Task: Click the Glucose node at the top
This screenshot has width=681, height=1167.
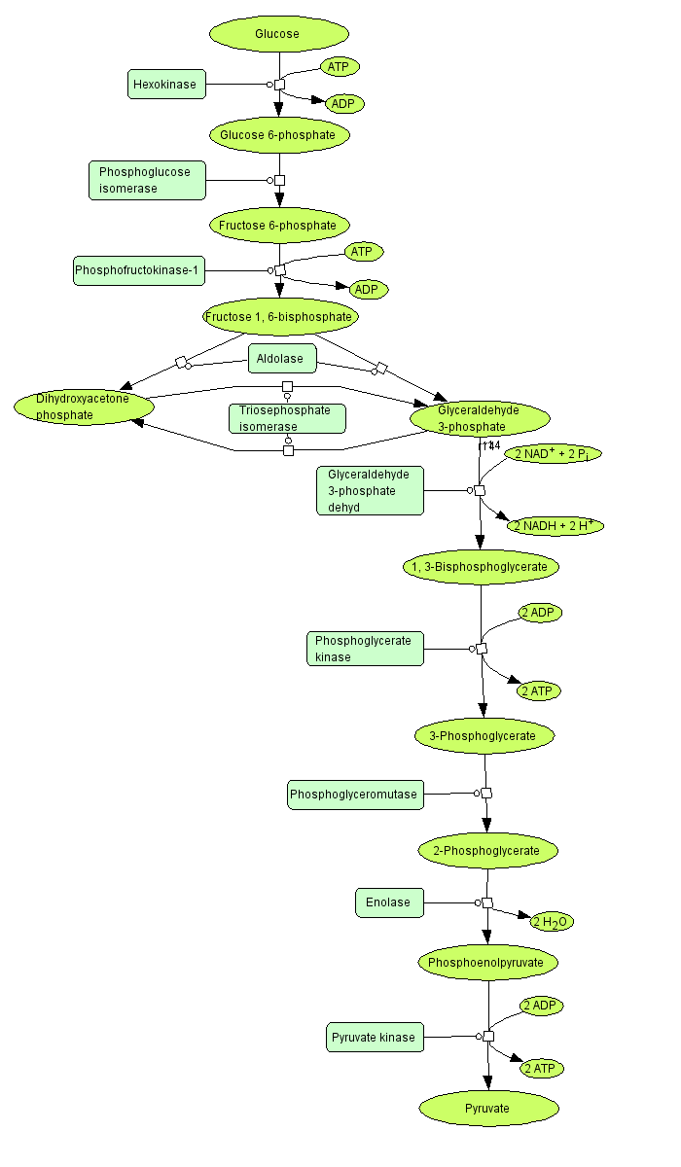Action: (x=278, y=34)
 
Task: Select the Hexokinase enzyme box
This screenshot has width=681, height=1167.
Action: (x=164, y=85)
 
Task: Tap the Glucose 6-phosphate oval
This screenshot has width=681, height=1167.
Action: (x=278, y=135)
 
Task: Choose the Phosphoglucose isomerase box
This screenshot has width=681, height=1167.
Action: (x=147, y=180)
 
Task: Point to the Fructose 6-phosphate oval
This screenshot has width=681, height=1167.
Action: (x=278, y=226)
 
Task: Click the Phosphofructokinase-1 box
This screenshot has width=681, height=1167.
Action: (x=139, y=270)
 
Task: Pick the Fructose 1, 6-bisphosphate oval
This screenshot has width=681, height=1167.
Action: (x=278, y=317)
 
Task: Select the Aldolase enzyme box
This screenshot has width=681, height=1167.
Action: (x=282, y=359)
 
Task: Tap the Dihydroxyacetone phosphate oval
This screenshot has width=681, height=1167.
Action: (x=85, y=407)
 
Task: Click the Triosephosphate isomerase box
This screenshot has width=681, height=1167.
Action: (x=287, y=418)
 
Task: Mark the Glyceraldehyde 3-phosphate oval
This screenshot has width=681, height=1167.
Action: (x=481, y=418)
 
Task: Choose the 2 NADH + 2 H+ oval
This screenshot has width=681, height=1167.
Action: (x=556, y=526)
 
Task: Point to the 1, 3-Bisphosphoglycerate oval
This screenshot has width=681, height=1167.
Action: (x=481, y=566)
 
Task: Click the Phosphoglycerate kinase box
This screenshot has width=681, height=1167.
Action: (x=365, y=649)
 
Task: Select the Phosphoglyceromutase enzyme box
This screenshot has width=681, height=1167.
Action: (x=354, y=795)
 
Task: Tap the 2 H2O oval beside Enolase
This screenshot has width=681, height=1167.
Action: (x=551, y=921)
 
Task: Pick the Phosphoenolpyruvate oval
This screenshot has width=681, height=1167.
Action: (x=488, y=963)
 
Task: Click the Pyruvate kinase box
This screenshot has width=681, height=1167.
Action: (x=374, y=1038)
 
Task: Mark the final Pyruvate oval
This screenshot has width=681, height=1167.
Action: (x=488, y=1108)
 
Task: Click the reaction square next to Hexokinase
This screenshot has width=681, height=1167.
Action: (x=279, y=85)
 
